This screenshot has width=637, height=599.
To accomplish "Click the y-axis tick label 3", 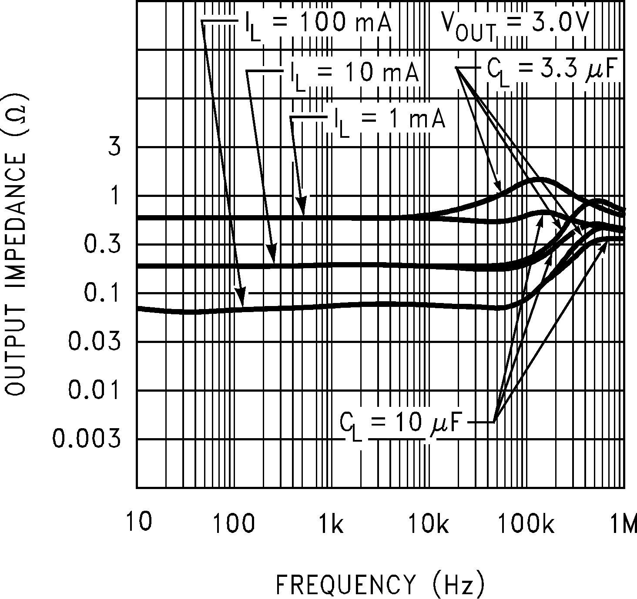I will coord(114,148).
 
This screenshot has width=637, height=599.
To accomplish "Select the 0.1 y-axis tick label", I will coord(102,294).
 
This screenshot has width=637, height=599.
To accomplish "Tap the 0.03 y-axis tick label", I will coord(94,342).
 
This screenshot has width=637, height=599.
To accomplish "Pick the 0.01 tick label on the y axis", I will coord(94,391).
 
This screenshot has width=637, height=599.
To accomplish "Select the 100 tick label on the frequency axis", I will coord(234,523).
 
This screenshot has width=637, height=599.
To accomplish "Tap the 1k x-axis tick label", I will coord(331,523).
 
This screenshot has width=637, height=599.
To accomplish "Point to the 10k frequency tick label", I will coord(428,523).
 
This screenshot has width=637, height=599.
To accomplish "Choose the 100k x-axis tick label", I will coord(526,523).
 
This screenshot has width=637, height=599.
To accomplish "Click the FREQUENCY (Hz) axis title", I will coord(380,584).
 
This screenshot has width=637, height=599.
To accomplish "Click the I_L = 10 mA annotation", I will coord(355,73).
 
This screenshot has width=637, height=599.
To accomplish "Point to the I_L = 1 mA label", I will coord(390,120).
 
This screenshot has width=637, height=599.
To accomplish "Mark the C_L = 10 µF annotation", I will coord(400,423).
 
